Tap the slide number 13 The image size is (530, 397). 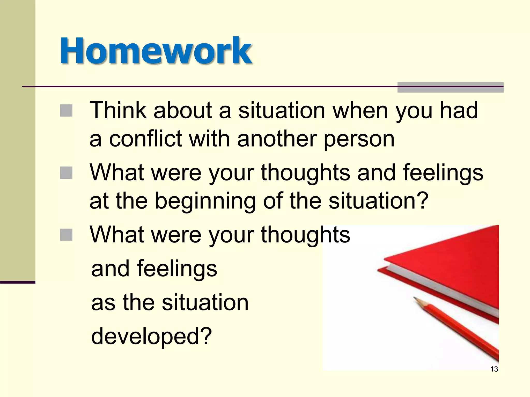(x=494, y=369)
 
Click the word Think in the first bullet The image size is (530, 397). (x=118, y=110)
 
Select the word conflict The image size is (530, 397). (x=145, y=139)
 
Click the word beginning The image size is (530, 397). (x=205, y=201)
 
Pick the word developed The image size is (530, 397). (x=152, y=336)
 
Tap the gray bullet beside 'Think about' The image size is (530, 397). (x=66, y=111)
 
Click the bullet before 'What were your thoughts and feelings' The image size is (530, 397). (x=66, y=173)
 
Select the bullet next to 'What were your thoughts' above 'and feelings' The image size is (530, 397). (x=66, y=235)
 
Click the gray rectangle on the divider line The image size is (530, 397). (x=450, y=87)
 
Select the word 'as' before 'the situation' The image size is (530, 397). (x=103, y=302)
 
